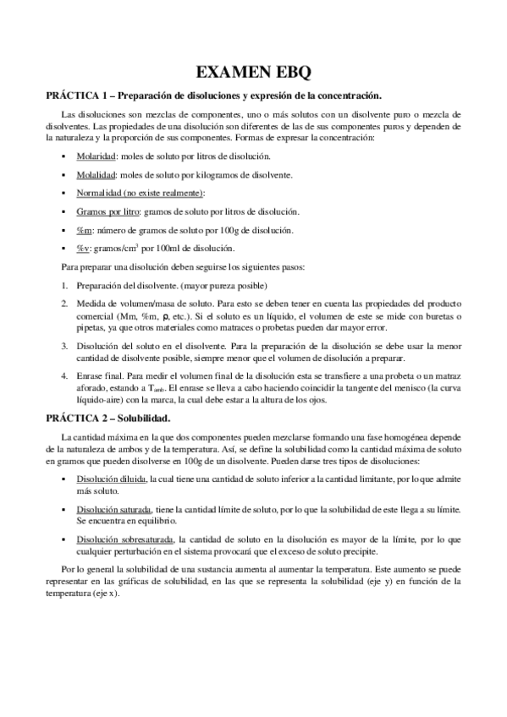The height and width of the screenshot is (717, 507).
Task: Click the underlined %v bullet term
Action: point(83,249)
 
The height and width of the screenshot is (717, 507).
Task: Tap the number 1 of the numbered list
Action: point(64,287)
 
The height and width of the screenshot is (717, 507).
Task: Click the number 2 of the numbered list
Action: point(64,304)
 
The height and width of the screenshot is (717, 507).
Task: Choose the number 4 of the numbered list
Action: point(64,376)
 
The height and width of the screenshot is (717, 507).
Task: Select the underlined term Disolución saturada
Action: point(113,510)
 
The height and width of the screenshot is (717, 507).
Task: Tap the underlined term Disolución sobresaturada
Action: point(124,539)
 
